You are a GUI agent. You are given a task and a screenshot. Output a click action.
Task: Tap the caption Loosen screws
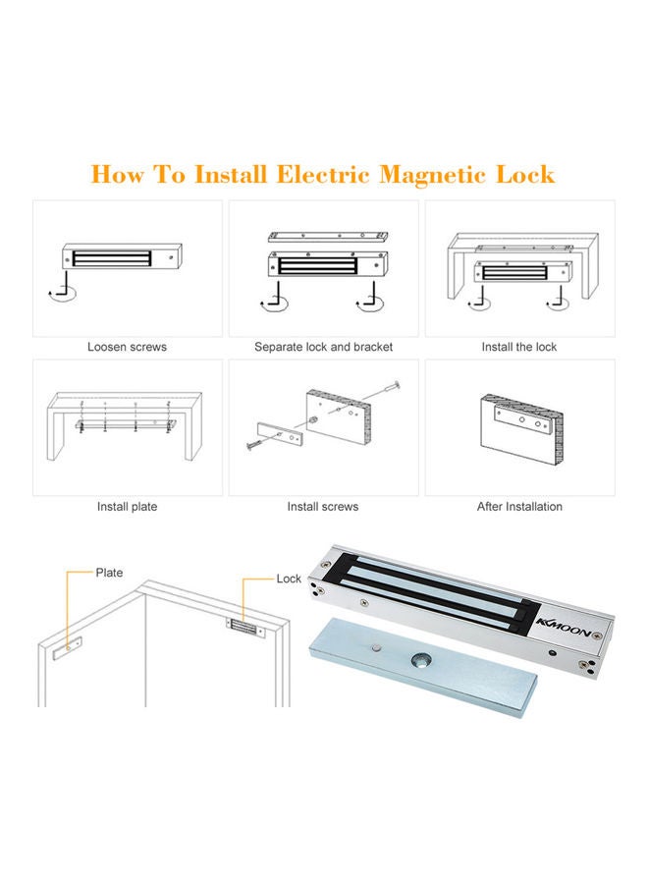tap(127, 347)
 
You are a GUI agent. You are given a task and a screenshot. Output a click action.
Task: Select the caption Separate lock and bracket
tap(323, 347)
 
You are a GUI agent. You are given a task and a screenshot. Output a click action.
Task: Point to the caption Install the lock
tap(519, 347)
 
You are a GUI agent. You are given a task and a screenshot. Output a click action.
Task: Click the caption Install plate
tap(127, 507)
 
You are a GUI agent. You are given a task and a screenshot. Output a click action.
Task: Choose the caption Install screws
tap(323, 507)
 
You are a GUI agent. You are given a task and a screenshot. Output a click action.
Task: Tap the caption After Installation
tap(519, 507)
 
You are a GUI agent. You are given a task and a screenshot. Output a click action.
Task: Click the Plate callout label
tap(109, 573)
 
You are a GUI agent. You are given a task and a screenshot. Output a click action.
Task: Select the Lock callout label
tap(289, 579)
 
